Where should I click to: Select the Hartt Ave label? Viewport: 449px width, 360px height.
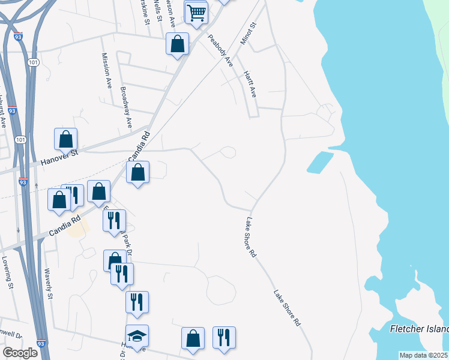(x=250, y=84)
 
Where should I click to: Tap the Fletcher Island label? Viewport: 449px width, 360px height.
(x=419, y=329)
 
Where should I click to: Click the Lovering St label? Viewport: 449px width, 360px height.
(x=7, y=273)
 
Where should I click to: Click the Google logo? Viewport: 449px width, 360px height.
(x=20, y=352)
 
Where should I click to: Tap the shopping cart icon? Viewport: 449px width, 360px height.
(x=196, y=12)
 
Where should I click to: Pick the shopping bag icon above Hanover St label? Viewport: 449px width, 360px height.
(x=66, y=139)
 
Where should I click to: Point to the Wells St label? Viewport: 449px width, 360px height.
(x=158, y=11)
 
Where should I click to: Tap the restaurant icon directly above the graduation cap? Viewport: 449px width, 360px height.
(x=137, y=302)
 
